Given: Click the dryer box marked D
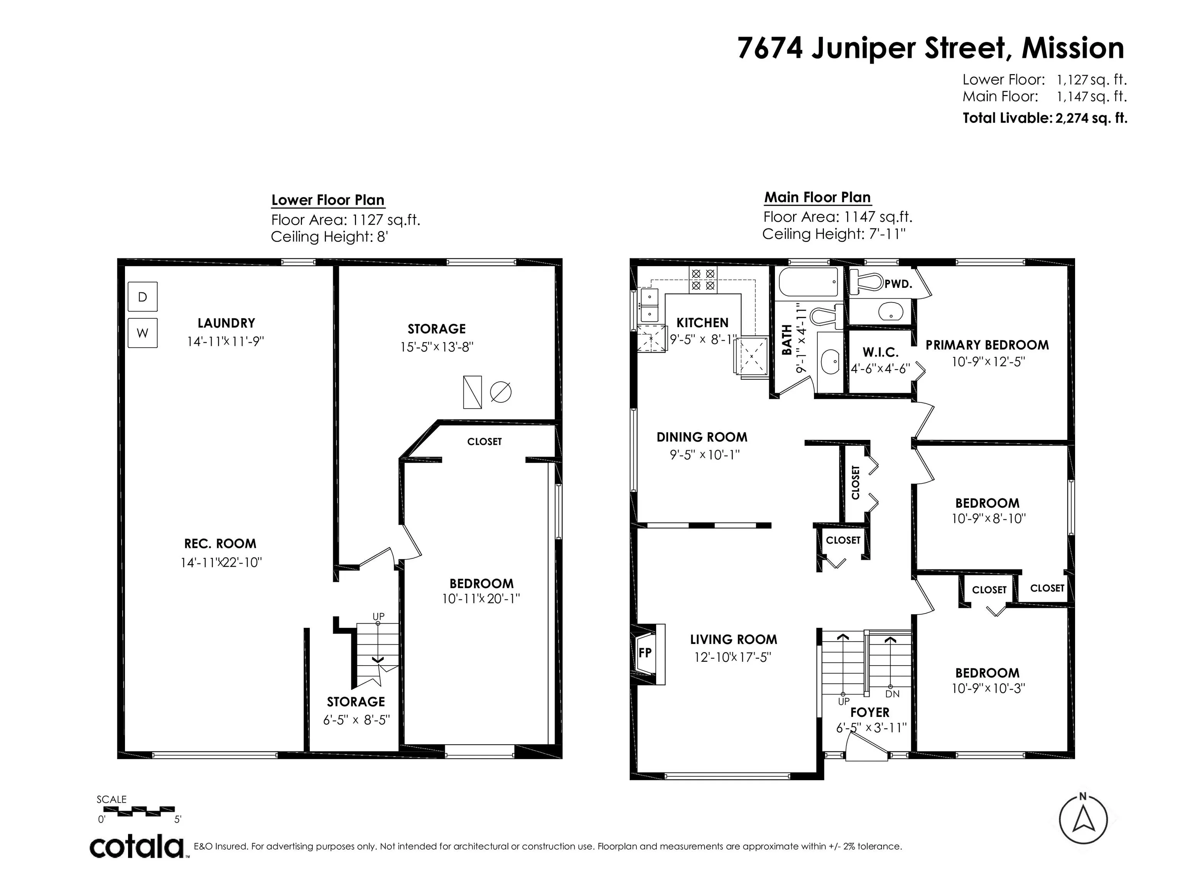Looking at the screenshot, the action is click(x=142, y=296).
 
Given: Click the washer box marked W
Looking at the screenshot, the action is click(x=142, y=333).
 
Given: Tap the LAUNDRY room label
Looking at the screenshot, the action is click(x=226, y=323).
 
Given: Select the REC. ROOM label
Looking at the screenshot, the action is click(x=220, y=544).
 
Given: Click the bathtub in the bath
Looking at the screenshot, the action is click(x=808, y=282).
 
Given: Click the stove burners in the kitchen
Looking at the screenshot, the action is click(x=703, y=280).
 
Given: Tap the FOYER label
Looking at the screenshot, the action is click(x=869, y=713).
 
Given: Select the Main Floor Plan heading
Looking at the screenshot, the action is click(x=817, y=197).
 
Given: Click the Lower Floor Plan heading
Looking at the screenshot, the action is click(x=328, y=200).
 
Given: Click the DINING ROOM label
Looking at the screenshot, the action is click(x=702, y=437).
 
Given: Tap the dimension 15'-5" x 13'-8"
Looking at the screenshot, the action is click(x=437, y=347).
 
